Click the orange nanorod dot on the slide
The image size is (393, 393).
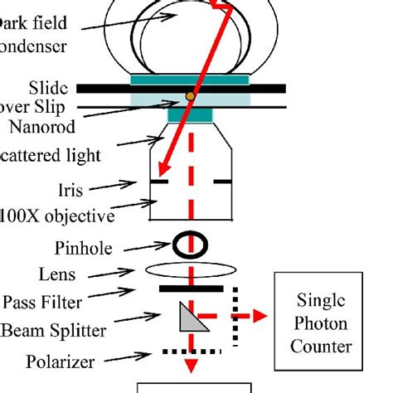click(191, 97)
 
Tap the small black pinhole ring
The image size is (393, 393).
click(190, 243)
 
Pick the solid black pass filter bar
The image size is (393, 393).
click(191, 289)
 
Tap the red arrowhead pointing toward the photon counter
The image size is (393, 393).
click(261, 315)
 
